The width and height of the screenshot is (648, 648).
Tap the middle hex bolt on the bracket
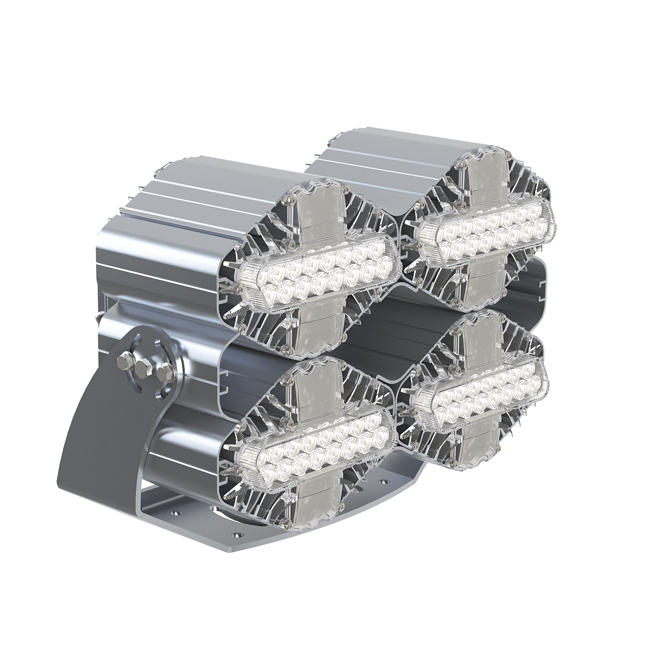point(144,367)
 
